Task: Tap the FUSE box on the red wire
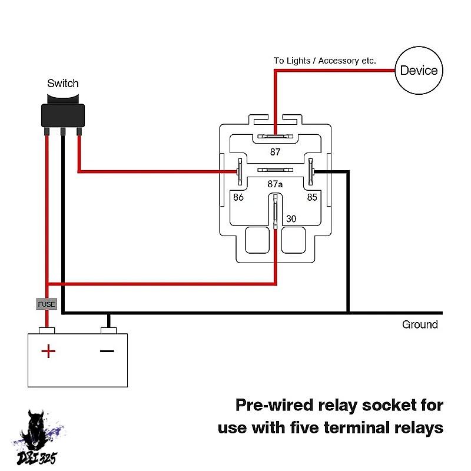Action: tap(47, 304)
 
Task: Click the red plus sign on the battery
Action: tap(48, 351)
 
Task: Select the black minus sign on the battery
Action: tap(107, 351)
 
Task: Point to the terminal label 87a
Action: tap(275, 184)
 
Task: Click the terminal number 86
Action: tap(238, 197)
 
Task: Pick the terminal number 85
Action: tap(312, 197)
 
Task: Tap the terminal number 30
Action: tap(291, 218)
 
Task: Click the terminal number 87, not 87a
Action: tap(275, 152)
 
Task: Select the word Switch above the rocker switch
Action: tap(63, 83)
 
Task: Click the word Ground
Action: tap(420, 324)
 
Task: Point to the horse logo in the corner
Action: tap(38, 437)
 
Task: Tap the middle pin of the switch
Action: tap(63, 131)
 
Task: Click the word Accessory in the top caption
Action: tap(338, 61)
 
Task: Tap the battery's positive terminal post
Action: tap(47, 330)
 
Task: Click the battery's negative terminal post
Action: tap(108, 330)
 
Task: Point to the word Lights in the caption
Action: tap(297, 61)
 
